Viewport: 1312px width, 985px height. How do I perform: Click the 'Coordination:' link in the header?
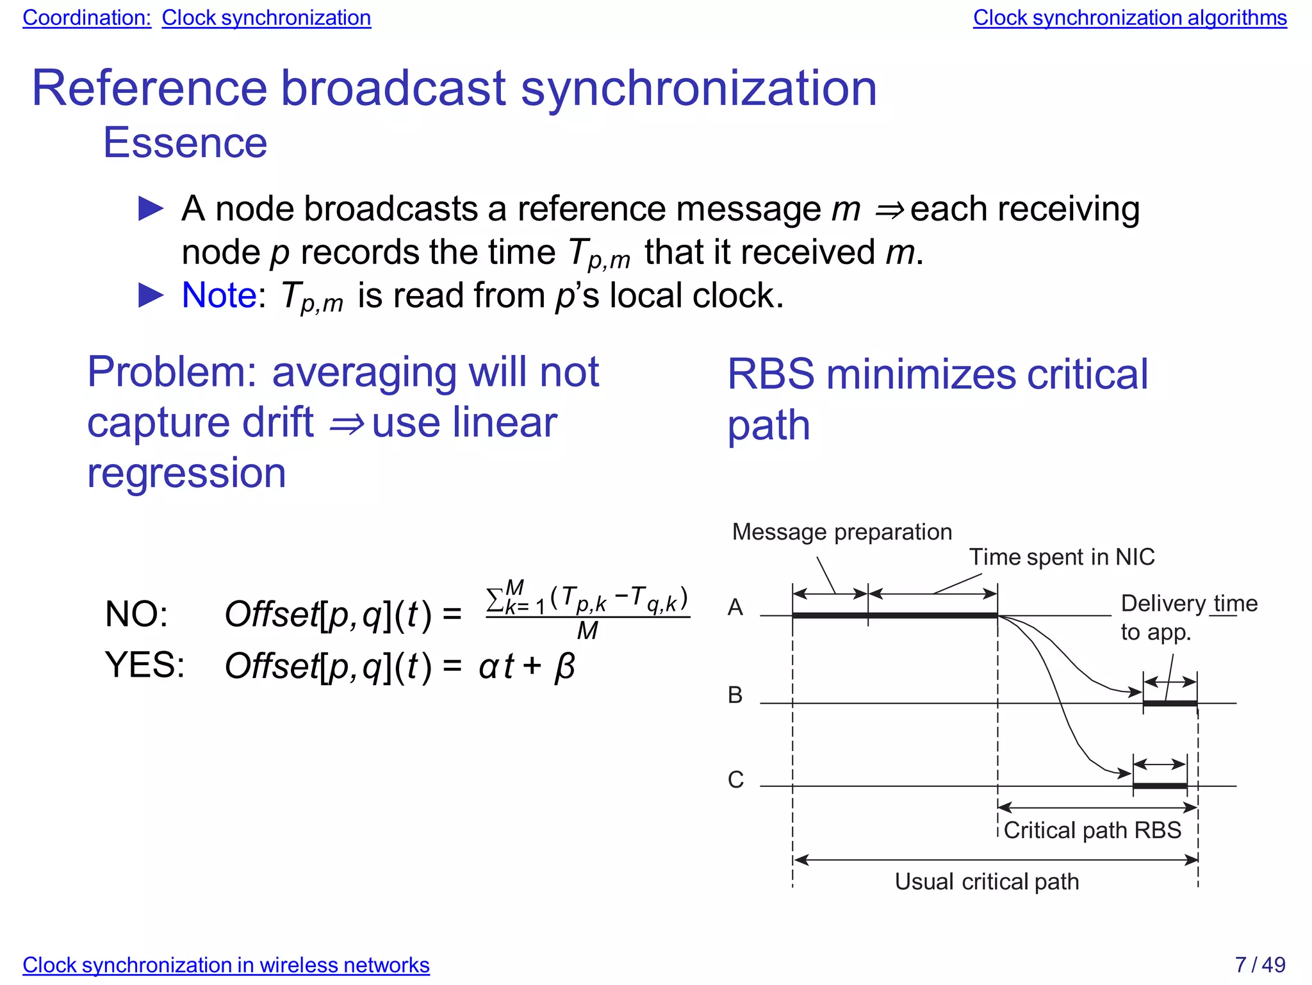(86, 18)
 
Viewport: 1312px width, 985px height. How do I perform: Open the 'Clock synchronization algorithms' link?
(1129, 18)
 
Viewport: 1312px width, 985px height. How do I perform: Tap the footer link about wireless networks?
(225, 964)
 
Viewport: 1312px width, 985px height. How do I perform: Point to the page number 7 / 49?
(1259, 964)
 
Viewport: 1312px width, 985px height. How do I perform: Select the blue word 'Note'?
(219, 295)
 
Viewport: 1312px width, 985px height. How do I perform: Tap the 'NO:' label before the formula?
(136, 614)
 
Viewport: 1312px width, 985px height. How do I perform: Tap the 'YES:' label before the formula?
(145, 665)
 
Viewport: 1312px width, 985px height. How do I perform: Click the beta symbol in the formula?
(564, 666)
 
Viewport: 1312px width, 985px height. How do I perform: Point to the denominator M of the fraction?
(587, 631)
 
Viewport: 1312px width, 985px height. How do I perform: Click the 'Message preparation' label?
(842, 532)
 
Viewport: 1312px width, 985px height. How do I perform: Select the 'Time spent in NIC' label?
(1062, 557)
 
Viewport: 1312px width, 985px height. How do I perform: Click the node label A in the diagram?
(735, 607)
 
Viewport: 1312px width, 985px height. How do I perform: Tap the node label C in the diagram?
(735, 779)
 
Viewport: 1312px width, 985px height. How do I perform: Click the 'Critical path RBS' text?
(1092, 830)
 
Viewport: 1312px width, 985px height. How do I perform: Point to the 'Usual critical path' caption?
(987, 881)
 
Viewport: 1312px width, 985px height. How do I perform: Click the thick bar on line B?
(1170, 704)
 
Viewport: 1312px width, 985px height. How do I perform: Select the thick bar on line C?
(1160, 786)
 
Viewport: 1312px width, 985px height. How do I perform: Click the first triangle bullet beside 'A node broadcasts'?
(151, 209)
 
